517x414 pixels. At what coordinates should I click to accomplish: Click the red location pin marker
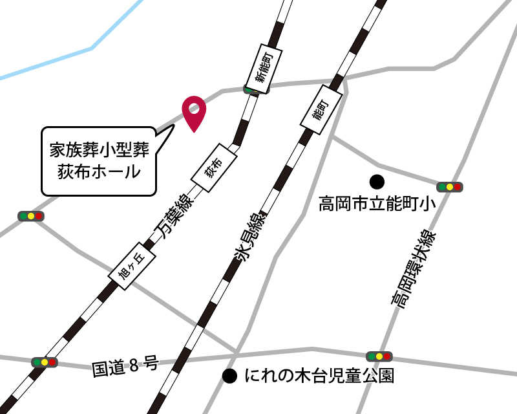(193, 111)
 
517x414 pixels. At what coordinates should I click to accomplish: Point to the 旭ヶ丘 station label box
(132, 265)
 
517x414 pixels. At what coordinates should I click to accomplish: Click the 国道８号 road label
(125, 366)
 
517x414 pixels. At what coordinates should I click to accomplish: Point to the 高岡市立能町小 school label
(374, 204)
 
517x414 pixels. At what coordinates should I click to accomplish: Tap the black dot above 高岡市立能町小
(376, 180)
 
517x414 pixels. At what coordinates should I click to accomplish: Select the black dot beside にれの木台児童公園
(229, 375)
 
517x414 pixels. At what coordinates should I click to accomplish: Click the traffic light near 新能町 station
(251, 89)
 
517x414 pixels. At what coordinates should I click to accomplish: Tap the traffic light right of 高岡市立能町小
(450, 187)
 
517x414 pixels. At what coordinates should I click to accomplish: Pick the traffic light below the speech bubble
(30, 216)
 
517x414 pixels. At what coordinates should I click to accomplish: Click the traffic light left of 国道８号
(44, 362)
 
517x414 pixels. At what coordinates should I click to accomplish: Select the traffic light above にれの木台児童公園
(379, 356)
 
